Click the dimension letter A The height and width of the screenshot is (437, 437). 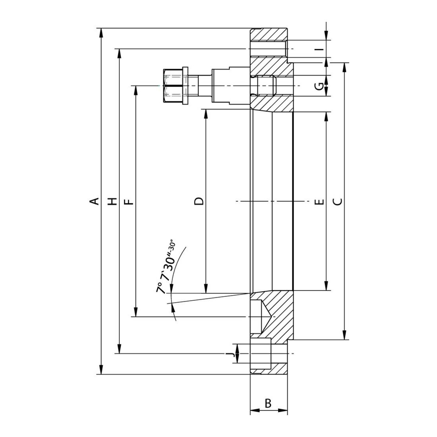(x=96, y=201)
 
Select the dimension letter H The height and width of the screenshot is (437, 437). (x=112, y=201)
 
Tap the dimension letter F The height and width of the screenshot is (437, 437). (x=128, y=201)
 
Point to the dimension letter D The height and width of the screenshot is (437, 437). (x=199, y=201)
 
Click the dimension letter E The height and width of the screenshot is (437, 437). (x=321, y=201)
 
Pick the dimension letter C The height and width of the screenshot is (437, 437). (x=338, y=201)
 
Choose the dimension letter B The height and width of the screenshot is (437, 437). (x=268, y=403)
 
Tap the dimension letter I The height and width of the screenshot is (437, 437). (x=321, y=49)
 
